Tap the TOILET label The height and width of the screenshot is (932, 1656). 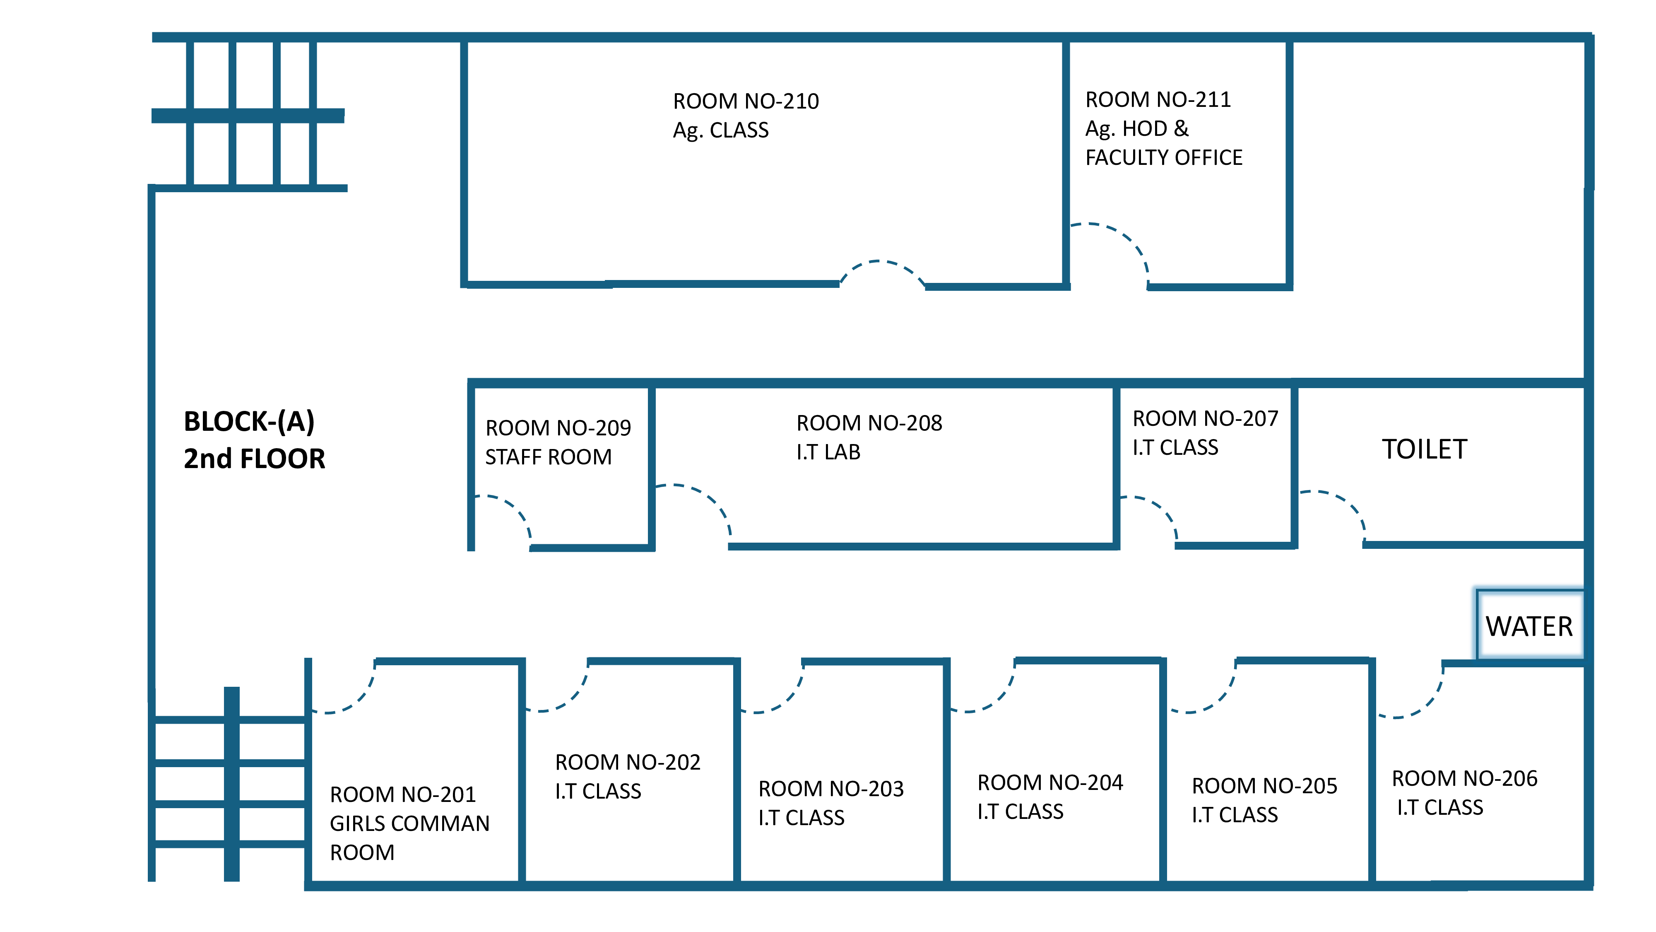click(1425, 449)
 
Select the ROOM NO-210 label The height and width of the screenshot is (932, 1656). click(746, 101)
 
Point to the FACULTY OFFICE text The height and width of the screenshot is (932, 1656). click(1164, 157)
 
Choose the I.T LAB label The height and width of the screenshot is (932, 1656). click(828, 452)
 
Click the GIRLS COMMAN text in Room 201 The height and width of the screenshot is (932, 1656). click(409, 823)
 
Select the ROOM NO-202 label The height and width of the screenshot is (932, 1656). click(628, 762)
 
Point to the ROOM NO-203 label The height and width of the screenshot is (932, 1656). click(830, 789)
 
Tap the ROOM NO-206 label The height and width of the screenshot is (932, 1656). click(1464, 779)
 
